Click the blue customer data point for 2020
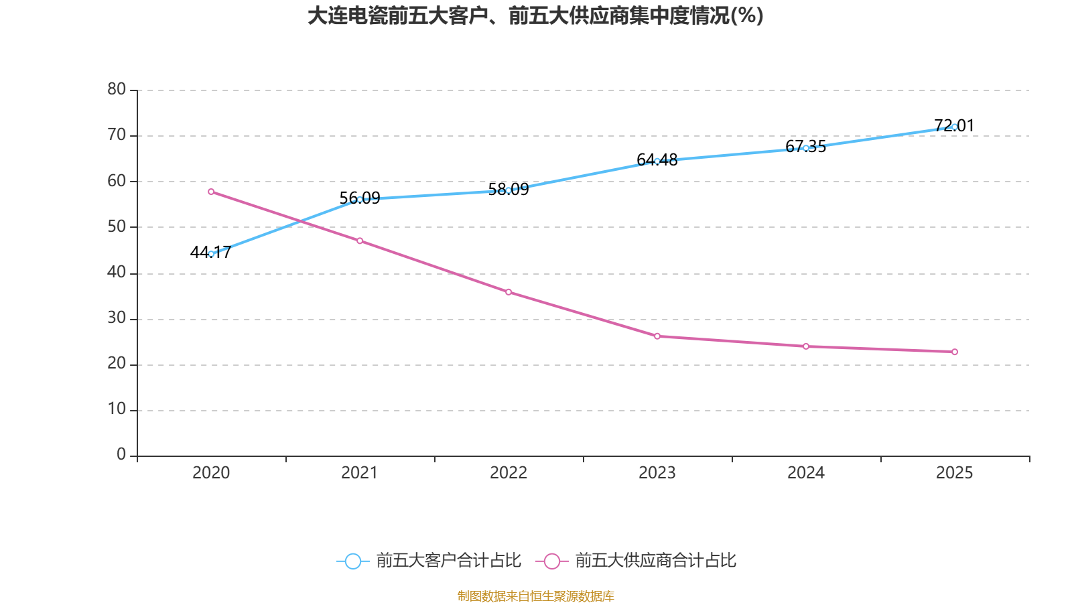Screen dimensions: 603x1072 [211, 254]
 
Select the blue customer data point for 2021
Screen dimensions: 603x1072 [360, 200]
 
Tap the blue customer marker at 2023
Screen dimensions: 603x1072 [657, 161]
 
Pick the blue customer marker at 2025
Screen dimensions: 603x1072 [954, 127]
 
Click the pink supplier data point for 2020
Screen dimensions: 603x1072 [211, 192]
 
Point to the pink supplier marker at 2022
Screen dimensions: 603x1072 [509, 292]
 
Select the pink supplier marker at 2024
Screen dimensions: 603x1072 [806, 346]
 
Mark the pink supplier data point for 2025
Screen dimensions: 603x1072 [954, 352]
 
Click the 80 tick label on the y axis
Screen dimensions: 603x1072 [117, 89]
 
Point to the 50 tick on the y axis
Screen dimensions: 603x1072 [117, 226]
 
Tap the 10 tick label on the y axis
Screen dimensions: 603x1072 [117, 409]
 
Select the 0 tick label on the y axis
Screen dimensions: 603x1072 [121, 454]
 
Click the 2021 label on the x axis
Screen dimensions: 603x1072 [360, 473]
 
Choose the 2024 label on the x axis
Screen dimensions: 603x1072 [806, 473]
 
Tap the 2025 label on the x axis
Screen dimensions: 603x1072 [954, 473]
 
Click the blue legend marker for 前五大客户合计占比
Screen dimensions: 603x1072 [352, 561]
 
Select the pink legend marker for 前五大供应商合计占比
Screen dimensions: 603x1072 [551, 561]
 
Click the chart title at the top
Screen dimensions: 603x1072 [535, 16]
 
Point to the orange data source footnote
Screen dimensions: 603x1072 [535, 596]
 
